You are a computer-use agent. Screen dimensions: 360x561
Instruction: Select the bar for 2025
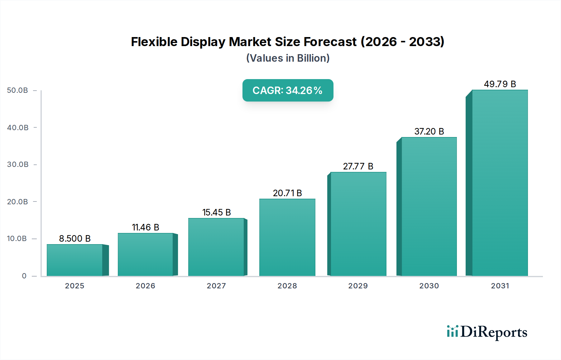pyautogui.click(x=75, y=260)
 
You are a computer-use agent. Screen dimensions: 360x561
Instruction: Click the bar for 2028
pyautogui.click(x=287, y=237)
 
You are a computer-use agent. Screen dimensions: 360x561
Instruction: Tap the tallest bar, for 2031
pyautogui.click(x=500, y=183)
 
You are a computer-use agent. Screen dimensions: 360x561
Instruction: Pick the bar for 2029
pyautogui.click(x=358, y=224)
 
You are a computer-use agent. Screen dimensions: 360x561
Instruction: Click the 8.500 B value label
pyautogui.click(x=75, y=239)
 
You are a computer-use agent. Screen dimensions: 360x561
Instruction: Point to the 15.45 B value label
pyautogui.click(x=217, y=212)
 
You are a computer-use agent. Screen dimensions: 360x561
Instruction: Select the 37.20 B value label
pyautogui.click(x=429, y=131)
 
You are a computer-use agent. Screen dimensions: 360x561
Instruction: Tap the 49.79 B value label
pyautogui.click(x=500, y=84)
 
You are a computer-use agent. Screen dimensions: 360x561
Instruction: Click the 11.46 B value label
pyautogui.click(x=146, y=227)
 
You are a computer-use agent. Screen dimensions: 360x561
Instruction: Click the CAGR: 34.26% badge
pyautogui.click(x=288, y=90)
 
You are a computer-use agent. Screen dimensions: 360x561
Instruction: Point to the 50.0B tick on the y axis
pyautogui.click(x=18, y=90)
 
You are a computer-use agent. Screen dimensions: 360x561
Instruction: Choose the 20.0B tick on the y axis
pyautogui.click(x=18, y=202)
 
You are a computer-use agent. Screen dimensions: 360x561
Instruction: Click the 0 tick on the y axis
pyautogui.click(x=24, y=276)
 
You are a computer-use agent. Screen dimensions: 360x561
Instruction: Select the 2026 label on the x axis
pyautogui.click(x=146, y=286)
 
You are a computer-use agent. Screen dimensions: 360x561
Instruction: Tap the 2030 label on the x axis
pyautogui.click(x=429, y=286)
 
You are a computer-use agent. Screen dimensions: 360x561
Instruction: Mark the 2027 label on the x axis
pyautogui.click(x=216, y=286)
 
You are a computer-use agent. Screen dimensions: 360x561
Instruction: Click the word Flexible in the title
pyautogui.click(x=154, y=42)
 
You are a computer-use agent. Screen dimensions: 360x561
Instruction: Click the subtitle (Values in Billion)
pyautogui.click(x=288, y=58)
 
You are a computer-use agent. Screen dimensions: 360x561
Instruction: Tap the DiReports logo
pyautogui.click(x=487, y=332)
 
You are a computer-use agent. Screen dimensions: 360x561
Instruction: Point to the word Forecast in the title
pyautogui.click(x=330, y=42)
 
